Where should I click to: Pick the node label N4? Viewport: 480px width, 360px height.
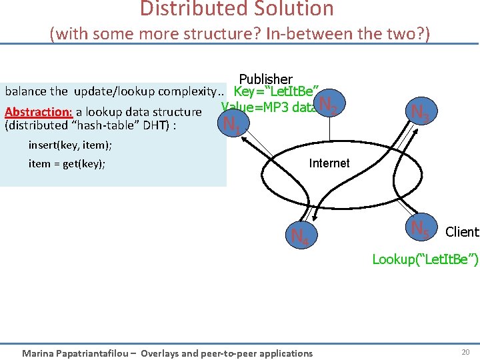[x=299, y=235]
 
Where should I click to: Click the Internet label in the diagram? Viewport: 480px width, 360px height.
[x=329, y=163]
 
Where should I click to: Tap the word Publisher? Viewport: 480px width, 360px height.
[x=265, y=80]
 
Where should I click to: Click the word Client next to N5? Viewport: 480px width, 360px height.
[x=462, y=232]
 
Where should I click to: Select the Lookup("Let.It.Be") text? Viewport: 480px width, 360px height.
[x=425, y=259]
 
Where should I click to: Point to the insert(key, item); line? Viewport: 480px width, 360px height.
[x=70, y=145]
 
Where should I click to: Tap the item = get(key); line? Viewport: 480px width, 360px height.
[x=67, y=164]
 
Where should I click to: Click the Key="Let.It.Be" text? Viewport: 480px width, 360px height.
[x=278, y=92]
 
